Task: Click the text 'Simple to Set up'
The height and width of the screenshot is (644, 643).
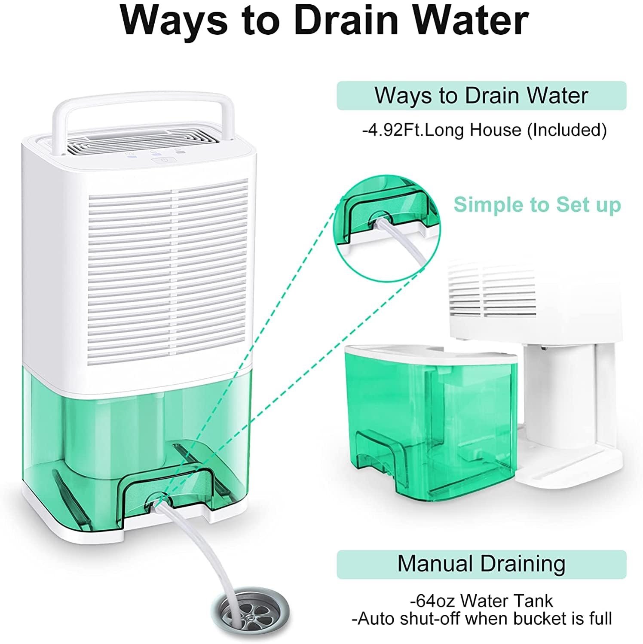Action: (537, 204)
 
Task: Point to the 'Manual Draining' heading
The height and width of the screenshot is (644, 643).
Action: (481, 563)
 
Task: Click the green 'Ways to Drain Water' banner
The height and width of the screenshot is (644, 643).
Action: (481, 95)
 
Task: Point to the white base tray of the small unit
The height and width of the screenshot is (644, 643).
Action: (567, 468)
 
